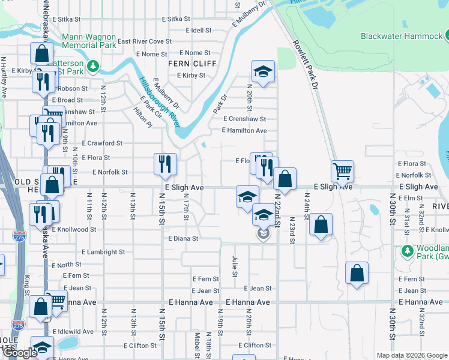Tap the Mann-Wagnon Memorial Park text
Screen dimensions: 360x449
tap(88, 41)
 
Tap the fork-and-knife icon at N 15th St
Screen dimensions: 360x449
tap(164, 164)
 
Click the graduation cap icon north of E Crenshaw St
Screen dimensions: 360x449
tap(262, 71)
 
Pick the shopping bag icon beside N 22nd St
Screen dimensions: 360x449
tap(285, 178)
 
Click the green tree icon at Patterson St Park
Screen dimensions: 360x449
tap(93, 65)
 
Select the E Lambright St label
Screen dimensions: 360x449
tap(103, 253)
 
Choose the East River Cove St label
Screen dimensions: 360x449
tap(145, 41)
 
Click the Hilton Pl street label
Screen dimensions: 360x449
tap(142, 118)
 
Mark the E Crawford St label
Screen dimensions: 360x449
tap(102, 143)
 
